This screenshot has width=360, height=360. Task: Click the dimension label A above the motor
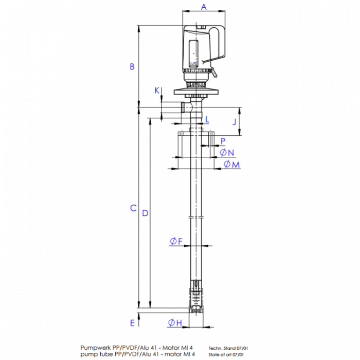[x=204, y=7]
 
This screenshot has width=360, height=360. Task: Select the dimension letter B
[x=132, y=66]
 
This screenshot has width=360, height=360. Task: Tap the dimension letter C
[x=133, y=208]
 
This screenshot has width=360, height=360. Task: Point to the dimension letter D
[x=145, y=212]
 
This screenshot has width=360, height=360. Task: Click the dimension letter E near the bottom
[x=132, y=323]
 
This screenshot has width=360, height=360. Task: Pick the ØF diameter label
[x=176, y=241]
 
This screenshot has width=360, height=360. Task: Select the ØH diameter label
[x=175, y=323]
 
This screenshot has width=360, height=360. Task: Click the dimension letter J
[x=235, y=122]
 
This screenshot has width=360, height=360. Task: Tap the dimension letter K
[x=157, y=91]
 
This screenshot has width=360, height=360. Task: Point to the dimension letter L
[x=207, y=120]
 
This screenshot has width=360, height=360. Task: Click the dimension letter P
[x=223, y=140]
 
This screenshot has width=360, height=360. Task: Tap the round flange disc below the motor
[x=195, y=92]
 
